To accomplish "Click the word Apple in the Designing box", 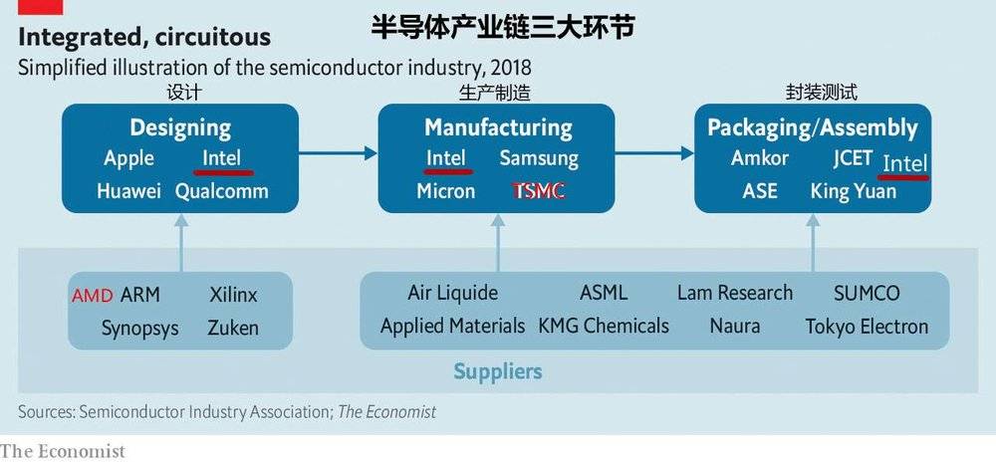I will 128,158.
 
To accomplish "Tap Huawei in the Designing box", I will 129,191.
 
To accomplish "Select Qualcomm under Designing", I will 221,191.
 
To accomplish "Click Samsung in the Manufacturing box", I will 538,158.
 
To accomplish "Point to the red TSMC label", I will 538,191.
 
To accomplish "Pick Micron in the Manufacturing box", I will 445,191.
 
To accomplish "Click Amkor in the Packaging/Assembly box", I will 759,158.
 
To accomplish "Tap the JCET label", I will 853,158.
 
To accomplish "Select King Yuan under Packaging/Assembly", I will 853,191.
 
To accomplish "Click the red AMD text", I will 93,296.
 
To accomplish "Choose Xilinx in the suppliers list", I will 233,296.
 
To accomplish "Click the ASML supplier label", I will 604,293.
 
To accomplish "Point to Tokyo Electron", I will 867,327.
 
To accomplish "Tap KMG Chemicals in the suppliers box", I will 604,327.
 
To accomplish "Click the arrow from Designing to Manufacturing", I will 339,152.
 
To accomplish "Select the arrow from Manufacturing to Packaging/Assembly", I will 653,152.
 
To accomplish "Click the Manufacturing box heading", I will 498,127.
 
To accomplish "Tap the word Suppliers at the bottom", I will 497,372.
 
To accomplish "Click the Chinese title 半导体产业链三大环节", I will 502,27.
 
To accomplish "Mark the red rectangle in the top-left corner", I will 40,6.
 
